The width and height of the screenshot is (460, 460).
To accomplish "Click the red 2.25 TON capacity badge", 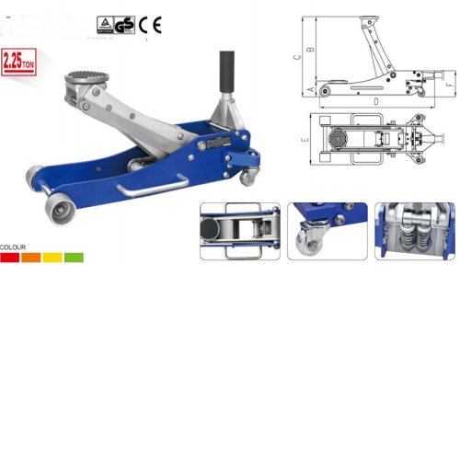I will [18, 63].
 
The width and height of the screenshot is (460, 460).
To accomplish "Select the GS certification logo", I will [125, 23].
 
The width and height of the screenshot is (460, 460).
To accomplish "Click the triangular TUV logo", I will [105, 23].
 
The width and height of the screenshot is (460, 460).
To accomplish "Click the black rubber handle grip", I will [224, 70].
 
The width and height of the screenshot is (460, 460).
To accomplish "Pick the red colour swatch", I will [10, 258].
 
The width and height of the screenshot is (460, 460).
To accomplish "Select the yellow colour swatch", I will [52, 258].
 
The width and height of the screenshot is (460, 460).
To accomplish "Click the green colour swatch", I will [74, 258].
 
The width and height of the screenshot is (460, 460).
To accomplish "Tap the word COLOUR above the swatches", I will [13, 246].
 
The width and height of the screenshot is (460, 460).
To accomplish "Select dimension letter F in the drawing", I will [448, 85].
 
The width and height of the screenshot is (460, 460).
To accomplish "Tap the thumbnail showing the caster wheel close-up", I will [327, 230].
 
